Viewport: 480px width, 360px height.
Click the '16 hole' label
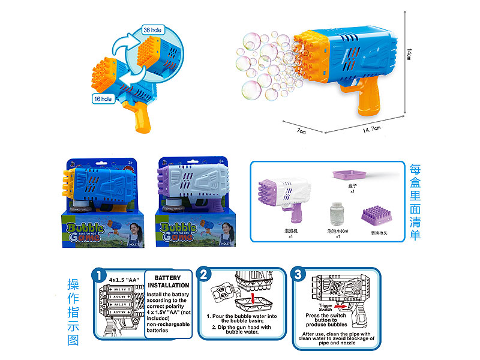coord(103,98)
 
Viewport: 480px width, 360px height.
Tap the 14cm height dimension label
coord(409,54)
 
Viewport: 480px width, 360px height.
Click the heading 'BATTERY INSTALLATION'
coord(172,282)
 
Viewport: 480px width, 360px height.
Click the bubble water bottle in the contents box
coord(336,215)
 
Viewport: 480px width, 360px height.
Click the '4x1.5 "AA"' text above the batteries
coord(124,280)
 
